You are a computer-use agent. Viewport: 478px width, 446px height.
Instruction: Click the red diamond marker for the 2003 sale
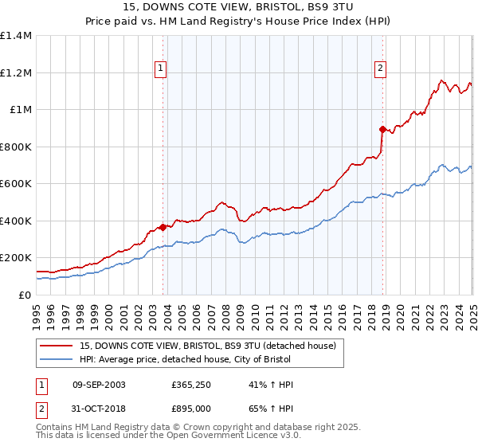(163, 227)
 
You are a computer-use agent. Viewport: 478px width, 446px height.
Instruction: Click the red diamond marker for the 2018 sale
(382, 129)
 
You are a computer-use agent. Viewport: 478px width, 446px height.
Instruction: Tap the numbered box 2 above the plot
(381, 69)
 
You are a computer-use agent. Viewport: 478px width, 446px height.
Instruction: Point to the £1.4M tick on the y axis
(15, 36)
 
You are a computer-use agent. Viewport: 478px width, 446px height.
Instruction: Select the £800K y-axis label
(15, 147)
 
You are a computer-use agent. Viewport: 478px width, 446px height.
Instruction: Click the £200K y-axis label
(15, 258)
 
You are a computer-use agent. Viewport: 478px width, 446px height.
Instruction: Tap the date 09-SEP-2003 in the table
(99, 385)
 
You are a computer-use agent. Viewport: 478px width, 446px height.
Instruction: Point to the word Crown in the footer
(194, 428)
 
